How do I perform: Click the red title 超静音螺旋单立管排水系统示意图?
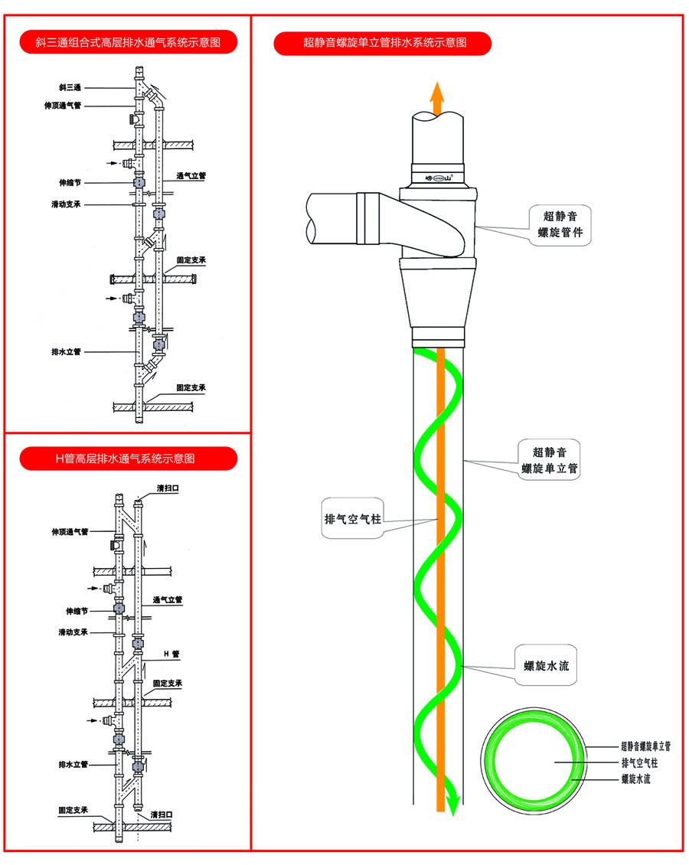(x=382, y=44)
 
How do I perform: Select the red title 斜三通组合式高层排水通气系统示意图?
(x=127, y=42)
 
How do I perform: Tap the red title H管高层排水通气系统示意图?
(x=127, y=459)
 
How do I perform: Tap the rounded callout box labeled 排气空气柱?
(x=351, y=519)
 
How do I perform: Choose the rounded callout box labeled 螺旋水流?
(x=546, y=666)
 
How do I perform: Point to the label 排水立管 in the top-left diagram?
(x=66, y=352)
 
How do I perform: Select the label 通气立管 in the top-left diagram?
(x=191, y=175)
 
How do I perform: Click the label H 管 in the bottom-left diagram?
(x=171, y=654)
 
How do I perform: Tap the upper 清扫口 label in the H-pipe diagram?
(x=168, y=488)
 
